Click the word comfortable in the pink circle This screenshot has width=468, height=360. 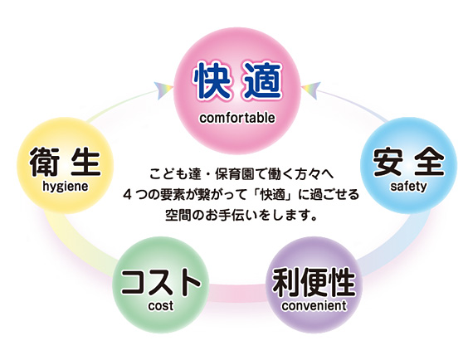point(237,118)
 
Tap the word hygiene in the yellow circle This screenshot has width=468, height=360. point(66,187)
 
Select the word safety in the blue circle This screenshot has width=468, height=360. point(408,187)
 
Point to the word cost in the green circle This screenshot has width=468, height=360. point(161,306)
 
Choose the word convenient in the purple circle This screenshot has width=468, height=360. point(314,306)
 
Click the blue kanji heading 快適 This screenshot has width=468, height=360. point(237,80)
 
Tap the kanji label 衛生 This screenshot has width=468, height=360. point(65,162)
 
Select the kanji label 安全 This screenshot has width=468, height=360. point(408,161)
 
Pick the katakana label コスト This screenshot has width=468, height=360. point(161,281)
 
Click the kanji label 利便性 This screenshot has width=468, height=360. point(314,282)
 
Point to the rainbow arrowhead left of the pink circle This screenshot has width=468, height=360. point(163,90)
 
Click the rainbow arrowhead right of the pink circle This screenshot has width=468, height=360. point(311,90)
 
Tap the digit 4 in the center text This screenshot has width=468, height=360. point(128,195)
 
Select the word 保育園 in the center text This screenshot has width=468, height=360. point(232,174)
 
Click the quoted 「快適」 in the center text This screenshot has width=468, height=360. point(271,195)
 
